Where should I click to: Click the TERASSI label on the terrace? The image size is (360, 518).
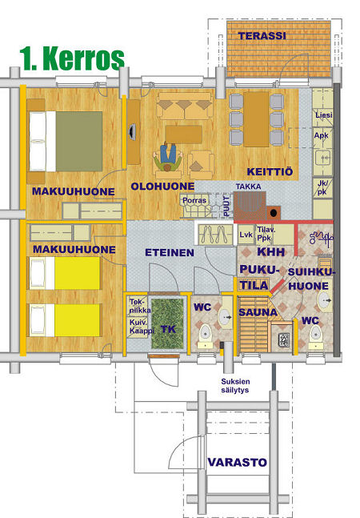click(x=262, y=36)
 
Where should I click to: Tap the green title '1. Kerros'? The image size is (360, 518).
click(x=72, y=58)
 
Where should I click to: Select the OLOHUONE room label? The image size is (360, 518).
click(x=162, y=187)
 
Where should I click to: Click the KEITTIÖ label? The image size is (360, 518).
click(x=270, y=172)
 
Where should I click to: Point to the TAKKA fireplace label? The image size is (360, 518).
click(x=249, y=187)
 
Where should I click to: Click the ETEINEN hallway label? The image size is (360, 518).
click(x=170, y=253)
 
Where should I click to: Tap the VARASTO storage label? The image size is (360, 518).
click(x=238, y=462)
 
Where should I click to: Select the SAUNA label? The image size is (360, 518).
click(x=258, y=312)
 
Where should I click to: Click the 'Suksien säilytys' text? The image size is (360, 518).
click(x=235, y=386)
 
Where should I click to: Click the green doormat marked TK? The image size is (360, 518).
click(x=168, y=323)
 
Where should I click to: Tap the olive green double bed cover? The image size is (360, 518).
click(x=79, y=142)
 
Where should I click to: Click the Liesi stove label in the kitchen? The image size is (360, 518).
click(x=324, y=115)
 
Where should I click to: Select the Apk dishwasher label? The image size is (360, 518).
click(x=321, y=135)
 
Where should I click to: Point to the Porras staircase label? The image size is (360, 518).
click(x=194, y=200)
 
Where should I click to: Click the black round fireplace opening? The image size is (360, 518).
click(x=274, y=213)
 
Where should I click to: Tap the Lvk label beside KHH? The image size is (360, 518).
click(x=246, y=235)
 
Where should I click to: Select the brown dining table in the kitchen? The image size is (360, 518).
click(x=256, y=119)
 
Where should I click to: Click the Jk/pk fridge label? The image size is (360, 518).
click(x=322, y=188)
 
